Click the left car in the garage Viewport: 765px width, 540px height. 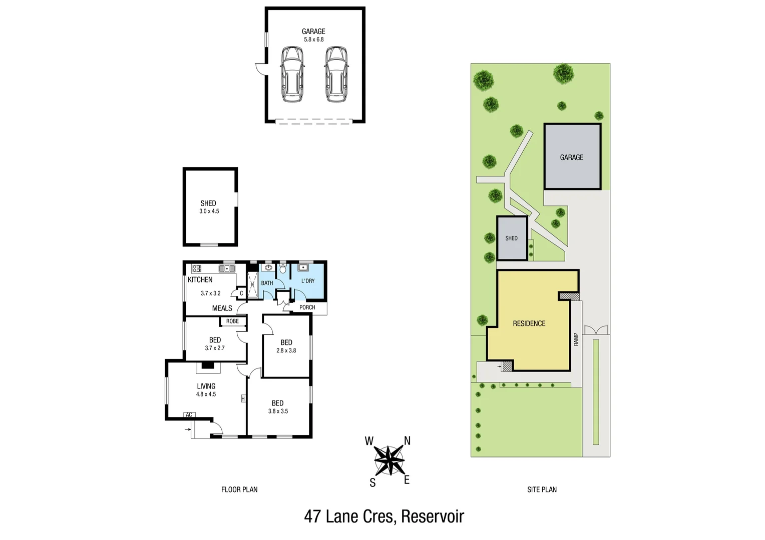pos(292,74)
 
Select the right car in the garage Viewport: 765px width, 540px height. pos(335,74)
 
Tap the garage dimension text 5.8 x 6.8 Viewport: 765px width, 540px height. pos(313,39)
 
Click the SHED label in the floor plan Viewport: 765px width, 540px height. pos(208,203)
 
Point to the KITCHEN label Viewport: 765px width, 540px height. pos(200,279)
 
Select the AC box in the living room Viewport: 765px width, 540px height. pos(189,415)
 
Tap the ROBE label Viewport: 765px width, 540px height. pos(232,321)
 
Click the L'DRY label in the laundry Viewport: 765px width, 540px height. pos(308,281)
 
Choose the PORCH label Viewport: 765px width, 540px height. pos(307,307)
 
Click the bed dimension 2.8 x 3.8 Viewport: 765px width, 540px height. pos(286,350)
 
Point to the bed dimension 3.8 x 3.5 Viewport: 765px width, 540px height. pos(278,411)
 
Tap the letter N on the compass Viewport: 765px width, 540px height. pos(407,440)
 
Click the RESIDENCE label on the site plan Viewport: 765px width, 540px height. pos(529,323)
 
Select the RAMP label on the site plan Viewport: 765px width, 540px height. pos(576,339)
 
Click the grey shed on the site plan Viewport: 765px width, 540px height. pos(512,238)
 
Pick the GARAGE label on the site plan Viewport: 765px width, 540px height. pos(571,157)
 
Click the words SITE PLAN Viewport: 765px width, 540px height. pos(542,489)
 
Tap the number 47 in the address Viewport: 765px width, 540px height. pos(312,516)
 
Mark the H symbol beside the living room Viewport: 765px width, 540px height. pos(243,398)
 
